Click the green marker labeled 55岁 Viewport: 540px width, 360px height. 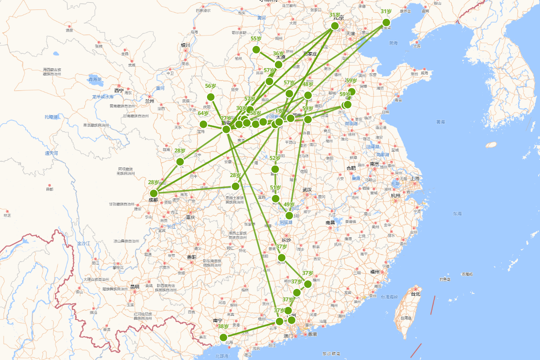(256, 49)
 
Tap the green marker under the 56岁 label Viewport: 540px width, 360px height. (211, 97)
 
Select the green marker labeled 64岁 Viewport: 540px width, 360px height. (203, 124)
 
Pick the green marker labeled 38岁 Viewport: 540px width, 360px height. (223, 337)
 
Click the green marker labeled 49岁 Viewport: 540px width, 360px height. (289, 216)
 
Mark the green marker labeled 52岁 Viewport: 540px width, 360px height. (275, 169)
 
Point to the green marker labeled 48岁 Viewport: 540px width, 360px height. (308, 95)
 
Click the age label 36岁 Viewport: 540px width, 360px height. (279, 54)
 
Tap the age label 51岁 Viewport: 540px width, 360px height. (275, 188)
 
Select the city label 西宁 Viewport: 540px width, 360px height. (119, 90)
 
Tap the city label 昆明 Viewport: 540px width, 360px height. (135, 287)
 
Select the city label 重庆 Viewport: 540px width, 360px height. (191, 217)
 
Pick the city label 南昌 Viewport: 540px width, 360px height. (330, 222)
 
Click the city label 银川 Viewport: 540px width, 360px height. (185, 45)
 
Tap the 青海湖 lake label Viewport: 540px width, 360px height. (95, 79)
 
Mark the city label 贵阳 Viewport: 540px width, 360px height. (191, 257)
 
